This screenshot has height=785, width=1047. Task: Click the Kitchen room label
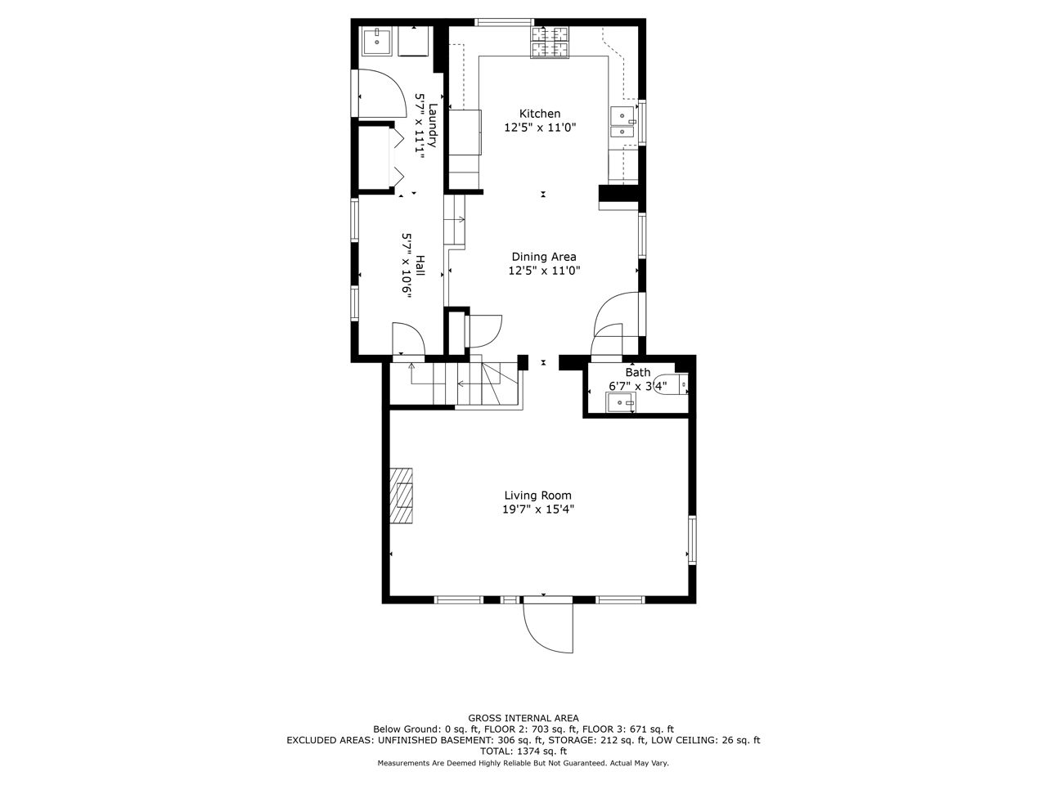click(x=540, y=114)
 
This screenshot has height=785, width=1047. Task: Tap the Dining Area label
click(x=544, y=257)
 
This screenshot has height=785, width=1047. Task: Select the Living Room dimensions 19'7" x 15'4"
click(x=537, y=509)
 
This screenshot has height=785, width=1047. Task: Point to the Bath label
click(x=638, y=372)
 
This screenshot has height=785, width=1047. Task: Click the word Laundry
click(x=432, y=125)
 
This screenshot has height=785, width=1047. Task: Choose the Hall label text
click(x=420, y=265)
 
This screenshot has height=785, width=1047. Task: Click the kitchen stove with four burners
click(x=550, y=43)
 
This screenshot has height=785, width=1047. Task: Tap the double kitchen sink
click(x=623, y=123)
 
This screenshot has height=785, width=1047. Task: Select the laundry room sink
click(x=377, y=42)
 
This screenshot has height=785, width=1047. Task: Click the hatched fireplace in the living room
click(x=401, y=496)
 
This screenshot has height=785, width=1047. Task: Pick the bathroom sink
click(x=620, y=403)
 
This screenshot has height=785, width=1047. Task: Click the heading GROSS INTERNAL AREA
click(x=523, y=718)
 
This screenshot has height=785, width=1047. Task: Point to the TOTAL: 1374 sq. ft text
click(x=523, y=751)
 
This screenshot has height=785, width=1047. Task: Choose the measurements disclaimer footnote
click(x=523, y=763)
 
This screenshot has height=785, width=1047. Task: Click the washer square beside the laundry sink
click(x=414, y=41)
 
